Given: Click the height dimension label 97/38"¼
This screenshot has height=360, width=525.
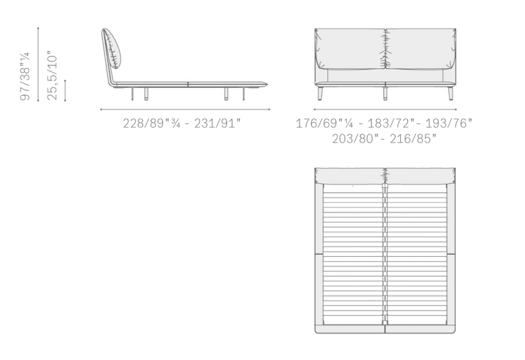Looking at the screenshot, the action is point(25,76).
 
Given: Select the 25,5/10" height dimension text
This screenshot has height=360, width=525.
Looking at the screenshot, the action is point(52,75).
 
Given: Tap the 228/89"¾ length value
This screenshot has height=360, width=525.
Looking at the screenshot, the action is point(151,123).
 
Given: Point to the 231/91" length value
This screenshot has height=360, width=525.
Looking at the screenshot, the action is point(217,123).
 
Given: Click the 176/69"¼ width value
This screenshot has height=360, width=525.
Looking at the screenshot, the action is point(324,123).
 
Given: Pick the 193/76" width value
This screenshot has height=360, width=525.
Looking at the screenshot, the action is point(449,123).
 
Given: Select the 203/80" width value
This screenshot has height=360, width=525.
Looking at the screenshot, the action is point(353,138).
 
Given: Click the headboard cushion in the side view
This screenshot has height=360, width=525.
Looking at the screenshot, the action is point(112,49).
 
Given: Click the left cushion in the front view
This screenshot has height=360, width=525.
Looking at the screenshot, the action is point(350,49).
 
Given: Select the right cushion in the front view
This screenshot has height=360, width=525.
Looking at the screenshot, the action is point(420,49).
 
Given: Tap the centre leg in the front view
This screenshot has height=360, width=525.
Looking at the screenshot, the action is point(385,94).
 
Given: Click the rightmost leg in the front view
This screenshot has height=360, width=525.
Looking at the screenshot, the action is point(451,94).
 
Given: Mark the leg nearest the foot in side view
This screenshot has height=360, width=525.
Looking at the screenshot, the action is point(243,94).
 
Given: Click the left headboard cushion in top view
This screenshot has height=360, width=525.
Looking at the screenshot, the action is point(350,176).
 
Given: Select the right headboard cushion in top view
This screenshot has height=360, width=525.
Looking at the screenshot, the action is point(420,176).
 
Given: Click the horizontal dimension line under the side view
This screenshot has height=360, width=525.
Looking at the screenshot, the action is point(185,109).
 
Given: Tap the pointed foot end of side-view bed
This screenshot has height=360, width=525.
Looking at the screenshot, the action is point(268,83).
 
